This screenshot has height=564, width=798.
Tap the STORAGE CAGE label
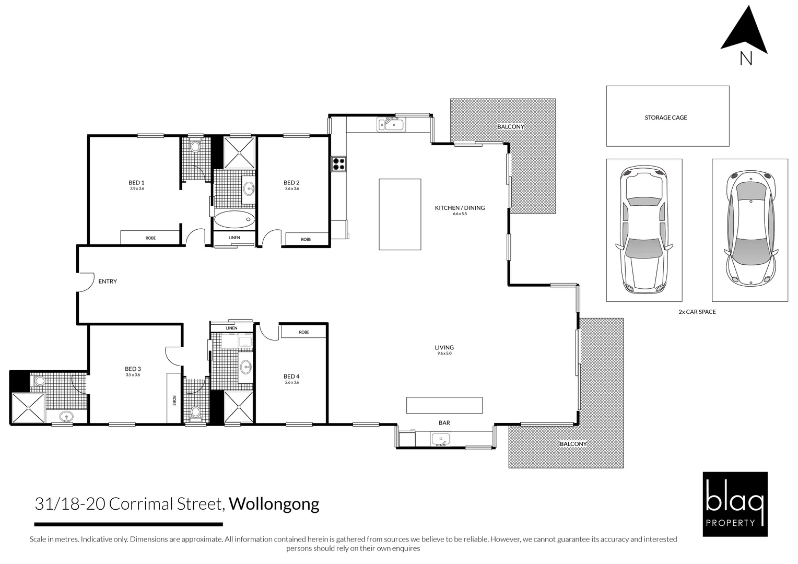pyautogui.click(x=665, y=118)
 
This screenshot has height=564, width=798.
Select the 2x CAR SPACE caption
pyautogui.click(x=697, y=312)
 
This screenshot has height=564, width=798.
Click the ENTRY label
pyautogui.click(x=108, y=281)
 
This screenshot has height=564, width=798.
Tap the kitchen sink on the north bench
pyautogui.click(x=391, y=125)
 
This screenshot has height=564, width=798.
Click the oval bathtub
pyautogui.click(x=234, y=219)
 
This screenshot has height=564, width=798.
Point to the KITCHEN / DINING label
pyautogui.click(x=460, y=208)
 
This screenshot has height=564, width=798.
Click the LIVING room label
pyautogui.click(x=444, y=347)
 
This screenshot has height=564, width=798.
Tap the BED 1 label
pyautogui.click(x=136, y=182)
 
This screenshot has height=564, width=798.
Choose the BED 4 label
pyautogui.click(x=291, y=376)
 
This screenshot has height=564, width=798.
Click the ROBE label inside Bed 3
pyautogui.click(x=174, y=401)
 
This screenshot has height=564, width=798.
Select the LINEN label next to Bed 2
pyautogui.click(x=234, y=238)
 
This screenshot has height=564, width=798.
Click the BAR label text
pyautogui.click(x=444, y=422)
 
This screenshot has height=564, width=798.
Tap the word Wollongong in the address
pyautogui.click(x=274, y=504)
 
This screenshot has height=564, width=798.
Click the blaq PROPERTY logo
pyautogui.click(x=735, y=504)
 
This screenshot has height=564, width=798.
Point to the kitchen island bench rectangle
pyautogui.click(x=400, y=214)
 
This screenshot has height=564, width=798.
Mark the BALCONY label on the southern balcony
pyautogui.click(x=573, y=444)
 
